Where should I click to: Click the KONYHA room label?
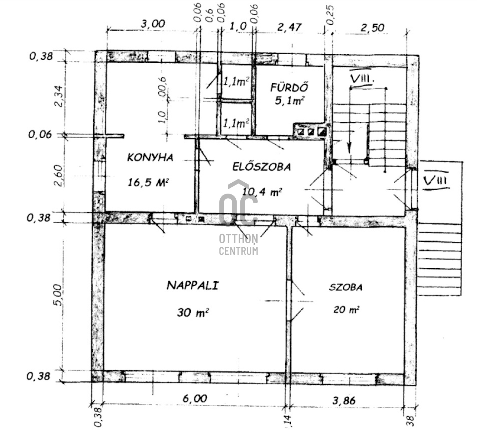(x=150, y=157)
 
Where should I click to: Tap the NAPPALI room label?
(x=193, y=285)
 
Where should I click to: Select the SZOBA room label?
(x=346, y=287)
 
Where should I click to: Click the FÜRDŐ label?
(x=289, y=87)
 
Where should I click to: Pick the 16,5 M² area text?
(x=148, y=183)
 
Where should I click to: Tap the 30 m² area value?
(x=193, y=312)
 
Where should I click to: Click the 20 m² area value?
(x=346, y=309)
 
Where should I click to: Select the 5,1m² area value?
(x=290, y=101)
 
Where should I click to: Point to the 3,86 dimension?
(x=344, y=401)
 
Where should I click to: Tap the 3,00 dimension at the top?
(x=153, y=24)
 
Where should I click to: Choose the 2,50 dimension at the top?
(x=372, y=28)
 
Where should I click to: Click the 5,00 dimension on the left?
(x=58, y=295)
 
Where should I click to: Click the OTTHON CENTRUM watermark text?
(x=238, y=244)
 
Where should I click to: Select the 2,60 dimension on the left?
(x=58, y=176)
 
